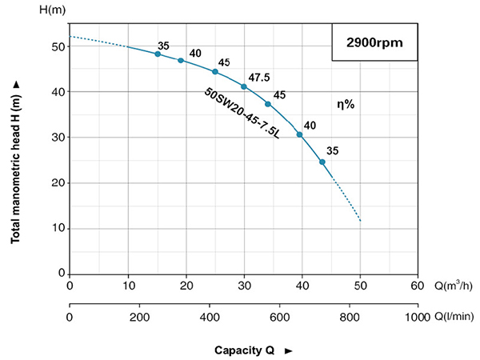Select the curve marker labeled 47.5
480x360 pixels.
click(x=244, y=86)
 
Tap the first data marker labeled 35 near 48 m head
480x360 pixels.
click(x=158, y=54)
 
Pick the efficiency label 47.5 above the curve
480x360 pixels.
click(x=258, y=78)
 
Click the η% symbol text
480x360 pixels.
click(x=346, y=104)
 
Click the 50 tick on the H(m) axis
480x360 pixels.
click(x=58, y=47)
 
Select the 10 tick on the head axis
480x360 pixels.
click(x=58, y=229)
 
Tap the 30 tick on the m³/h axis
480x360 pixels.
click(x=243, y=286)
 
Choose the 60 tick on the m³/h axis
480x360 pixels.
click(x=417, y=286)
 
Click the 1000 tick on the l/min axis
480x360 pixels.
click(x=417, y=317)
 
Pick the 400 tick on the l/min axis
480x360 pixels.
click(x=209, y=317)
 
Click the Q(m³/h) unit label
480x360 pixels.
click(x=452, y=286)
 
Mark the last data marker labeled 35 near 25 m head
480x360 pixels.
click(x=322, y=162)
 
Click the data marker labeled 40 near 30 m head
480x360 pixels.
click(x=300, y=134)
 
